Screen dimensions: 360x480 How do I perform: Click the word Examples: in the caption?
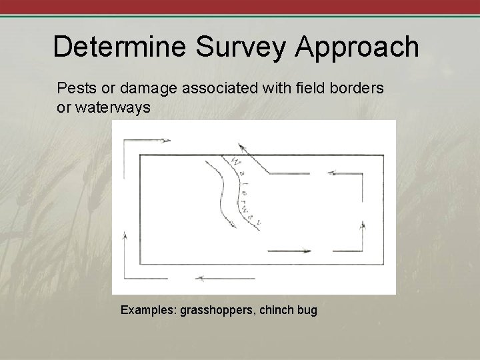coord(147,310)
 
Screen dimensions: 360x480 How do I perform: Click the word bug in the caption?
coord(307,310)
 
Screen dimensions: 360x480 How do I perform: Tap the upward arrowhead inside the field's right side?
coord(362,225)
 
